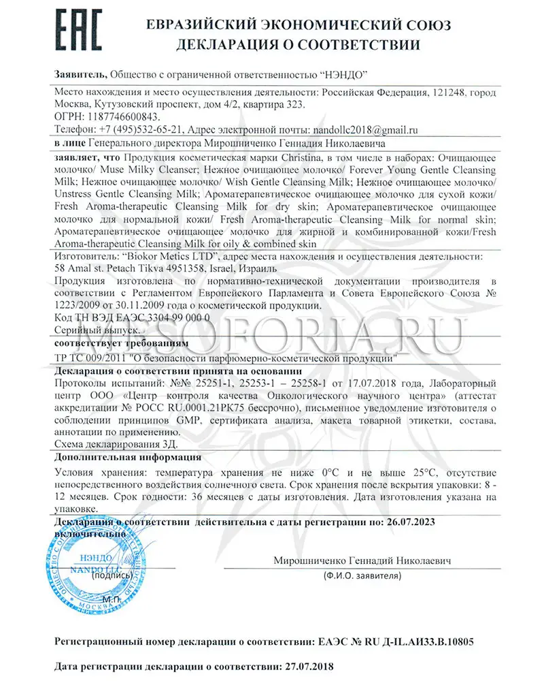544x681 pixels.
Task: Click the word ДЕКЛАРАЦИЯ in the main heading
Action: (224, 46)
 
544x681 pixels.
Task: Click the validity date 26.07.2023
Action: (404, 521)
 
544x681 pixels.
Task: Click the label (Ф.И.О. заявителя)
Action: (362, 576)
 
